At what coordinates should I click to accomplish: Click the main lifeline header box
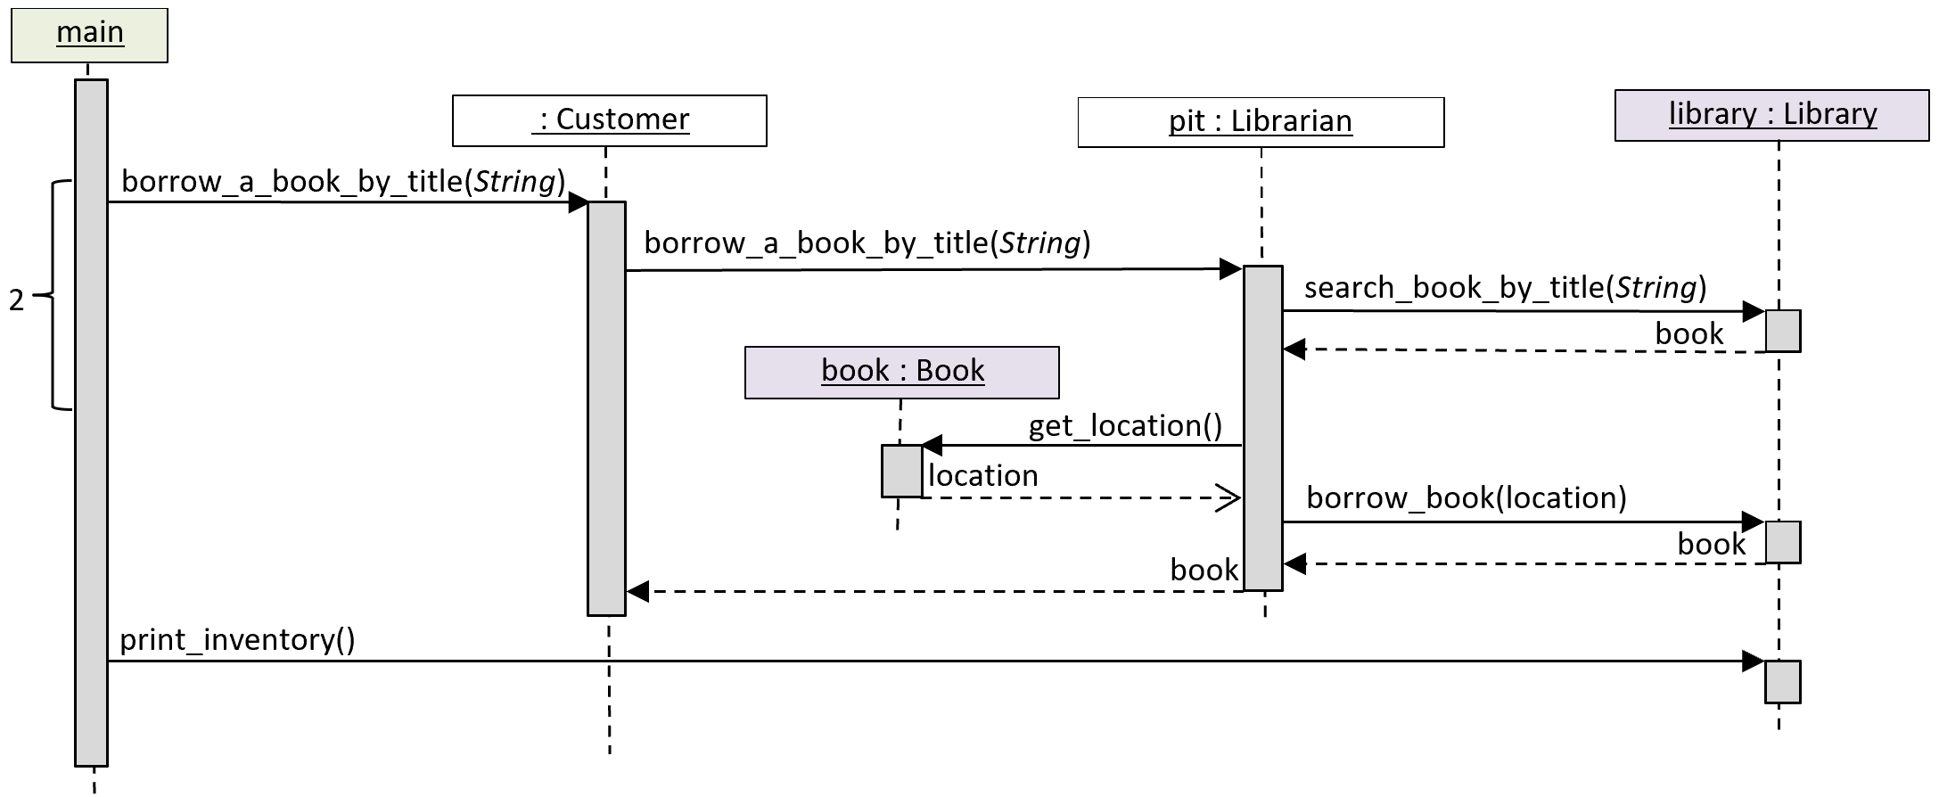[89, 36]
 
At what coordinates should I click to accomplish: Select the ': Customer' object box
[610, 120]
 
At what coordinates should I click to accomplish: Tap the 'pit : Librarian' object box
[1261, 122]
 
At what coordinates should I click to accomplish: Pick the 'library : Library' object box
[1772, 115]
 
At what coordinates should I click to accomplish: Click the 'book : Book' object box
[902, 373]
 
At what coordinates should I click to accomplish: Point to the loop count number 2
[17, 300]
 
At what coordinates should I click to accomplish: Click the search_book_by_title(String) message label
[1505, 288]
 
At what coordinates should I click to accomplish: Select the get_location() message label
[1125, 426]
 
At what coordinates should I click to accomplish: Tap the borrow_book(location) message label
[1467, 497]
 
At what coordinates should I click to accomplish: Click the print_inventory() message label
[237, 640]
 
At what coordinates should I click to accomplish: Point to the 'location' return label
[982, 476]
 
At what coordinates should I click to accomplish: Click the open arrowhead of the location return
[1230, 498]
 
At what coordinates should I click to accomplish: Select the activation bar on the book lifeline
[902, 471]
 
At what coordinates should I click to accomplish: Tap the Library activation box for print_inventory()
[1783, 682]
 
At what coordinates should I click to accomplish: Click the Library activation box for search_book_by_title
[1783, 331]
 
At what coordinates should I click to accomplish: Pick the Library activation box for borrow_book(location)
[1783, 542]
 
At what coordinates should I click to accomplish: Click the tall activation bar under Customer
[606, 408]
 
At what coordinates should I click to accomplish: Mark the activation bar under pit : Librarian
[1263, 428]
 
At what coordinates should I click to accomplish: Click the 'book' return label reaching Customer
[1204, 571]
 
